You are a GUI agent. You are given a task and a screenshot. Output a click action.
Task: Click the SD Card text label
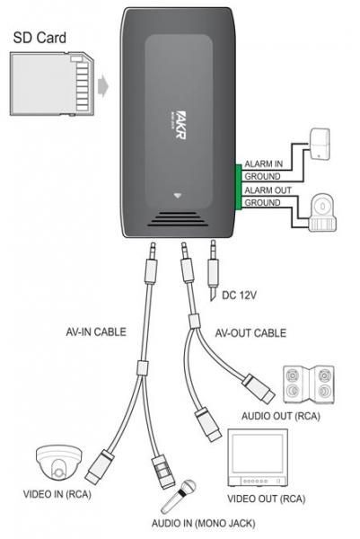coord(40,40)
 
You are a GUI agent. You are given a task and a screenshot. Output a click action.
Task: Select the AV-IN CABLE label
coord(96,332)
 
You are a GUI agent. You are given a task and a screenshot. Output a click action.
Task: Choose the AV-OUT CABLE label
coord(250,333)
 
